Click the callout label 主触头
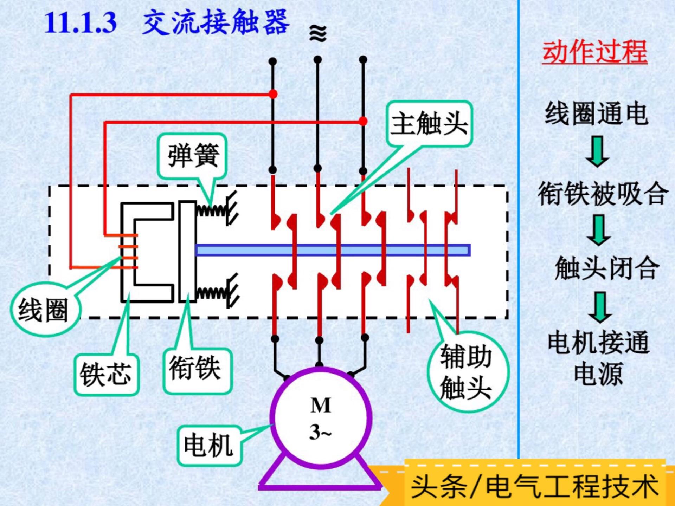point(429,124)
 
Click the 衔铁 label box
point(196,369)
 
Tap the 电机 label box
point(209,445)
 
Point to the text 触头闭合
point(606,268)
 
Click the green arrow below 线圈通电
point(597,152)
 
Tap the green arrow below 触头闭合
point(600,307)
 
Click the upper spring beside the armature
point(212,210)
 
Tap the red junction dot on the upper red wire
point(273,94)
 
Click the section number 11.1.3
point(81,23)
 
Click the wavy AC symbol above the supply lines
point(318,34)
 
